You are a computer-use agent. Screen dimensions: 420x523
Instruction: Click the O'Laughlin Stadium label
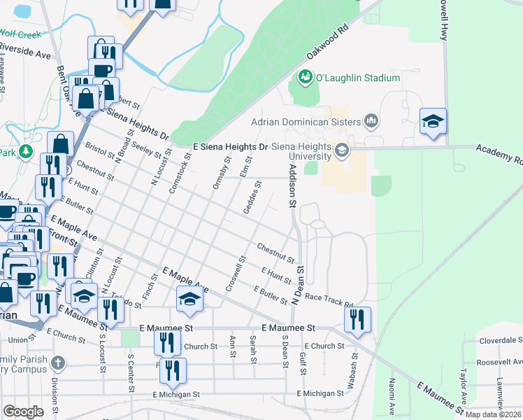coord(359,78)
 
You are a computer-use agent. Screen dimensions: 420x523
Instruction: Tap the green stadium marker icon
coord(306,76)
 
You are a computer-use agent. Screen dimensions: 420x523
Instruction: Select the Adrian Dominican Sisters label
coord(314,121)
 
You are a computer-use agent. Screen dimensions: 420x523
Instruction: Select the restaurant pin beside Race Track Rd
coord(357,320)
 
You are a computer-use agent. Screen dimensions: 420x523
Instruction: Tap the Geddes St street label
coord(252,198)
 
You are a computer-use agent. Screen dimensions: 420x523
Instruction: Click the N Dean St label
coord(300,284)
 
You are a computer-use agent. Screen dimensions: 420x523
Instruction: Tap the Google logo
coord(23,411)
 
